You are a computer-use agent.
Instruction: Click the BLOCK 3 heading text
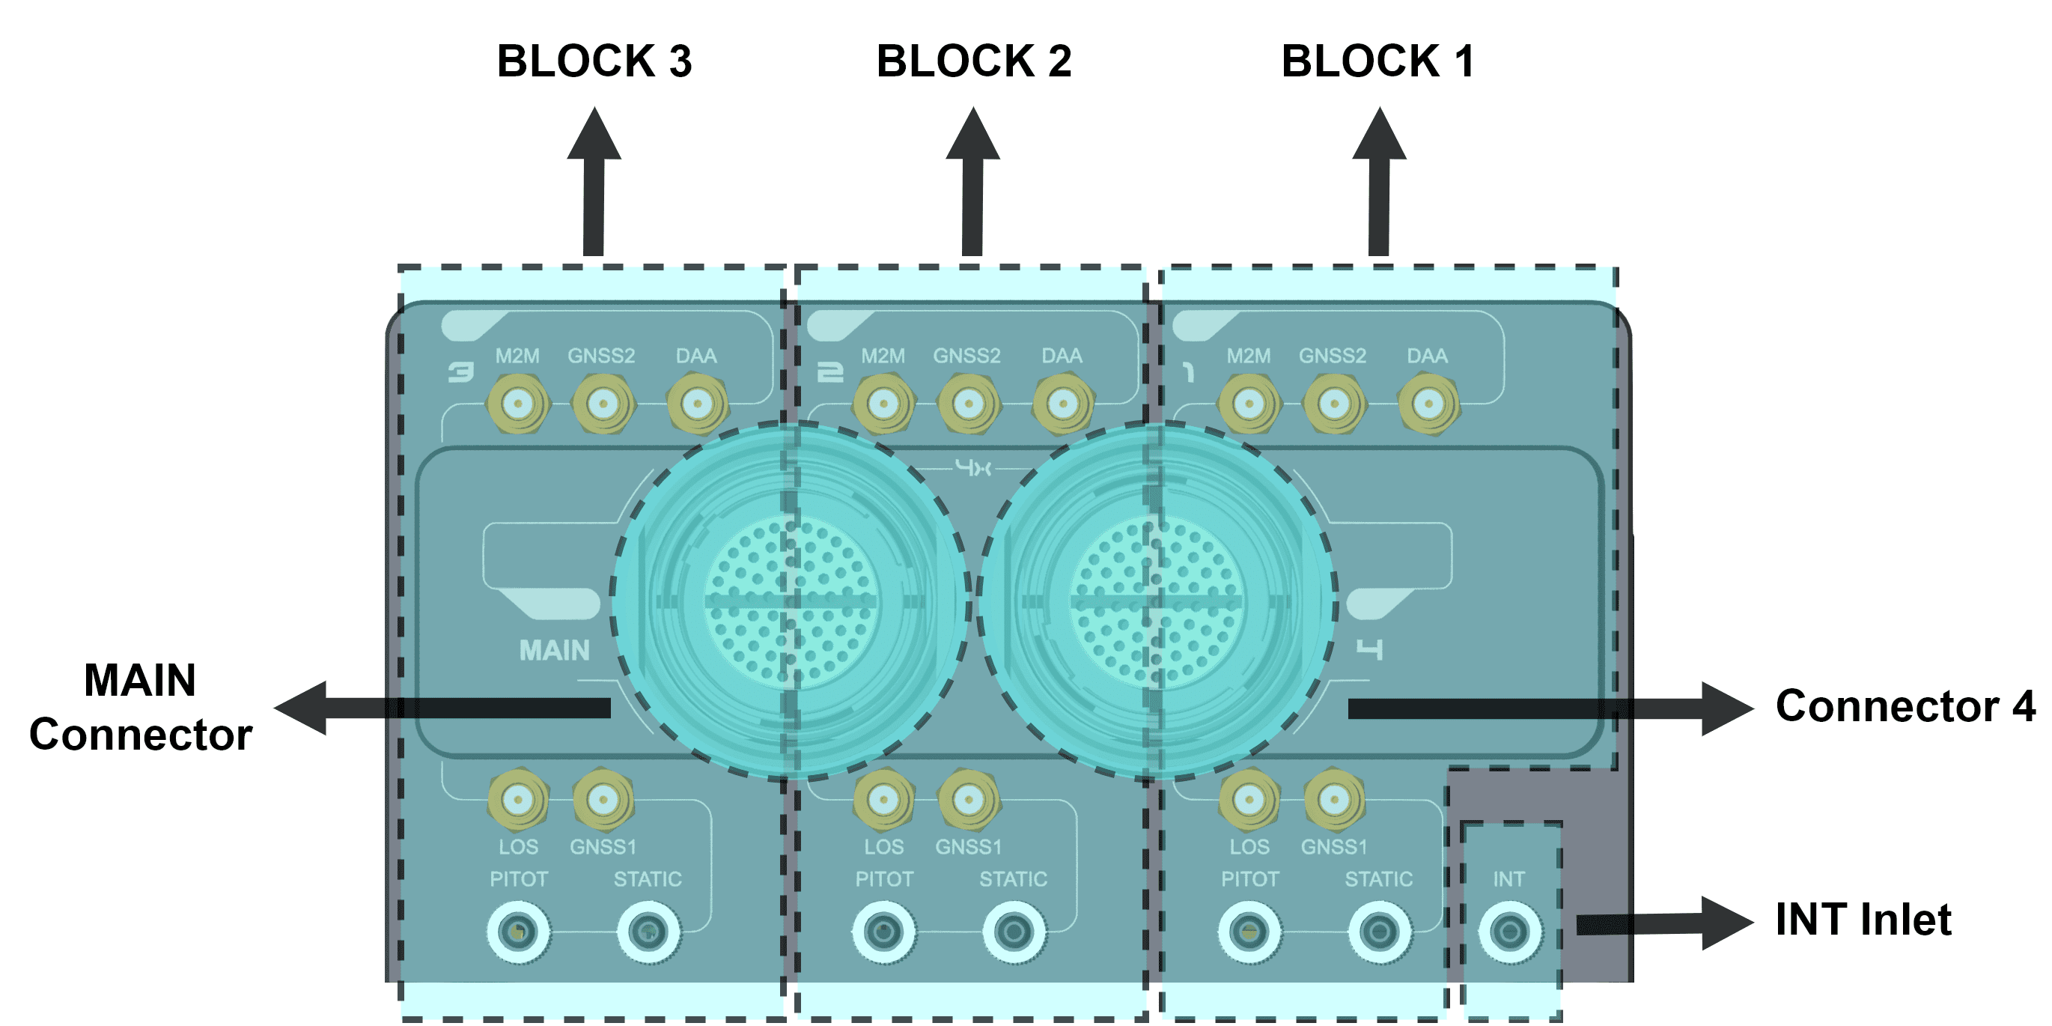point(594,61)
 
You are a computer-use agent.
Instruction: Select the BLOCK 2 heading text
point(973,61)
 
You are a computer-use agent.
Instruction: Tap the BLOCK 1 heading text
point(1377,61)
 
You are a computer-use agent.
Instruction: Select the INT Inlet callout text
point(1863,920)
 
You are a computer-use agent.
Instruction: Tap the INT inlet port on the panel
point(1509,931)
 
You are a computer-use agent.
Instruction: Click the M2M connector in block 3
point(519,404)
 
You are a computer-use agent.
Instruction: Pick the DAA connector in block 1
point(1428,404)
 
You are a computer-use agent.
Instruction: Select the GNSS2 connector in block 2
point(969,404)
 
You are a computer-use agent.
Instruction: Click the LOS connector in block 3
point(519,798)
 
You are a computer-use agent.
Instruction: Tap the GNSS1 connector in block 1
point(1334,798)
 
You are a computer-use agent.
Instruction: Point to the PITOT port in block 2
point(883,931)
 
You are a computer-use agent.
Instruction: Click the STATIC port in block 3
point(648,931)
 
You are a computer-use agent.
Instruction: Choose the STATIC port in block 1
point(1379,931)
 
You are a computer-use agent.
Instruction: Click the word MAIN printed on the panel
point(555,651)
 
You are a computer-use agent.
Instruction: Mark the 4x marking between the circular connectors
point(972,467)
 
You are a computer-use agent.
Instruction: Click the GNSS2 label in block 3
point(601,356)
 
